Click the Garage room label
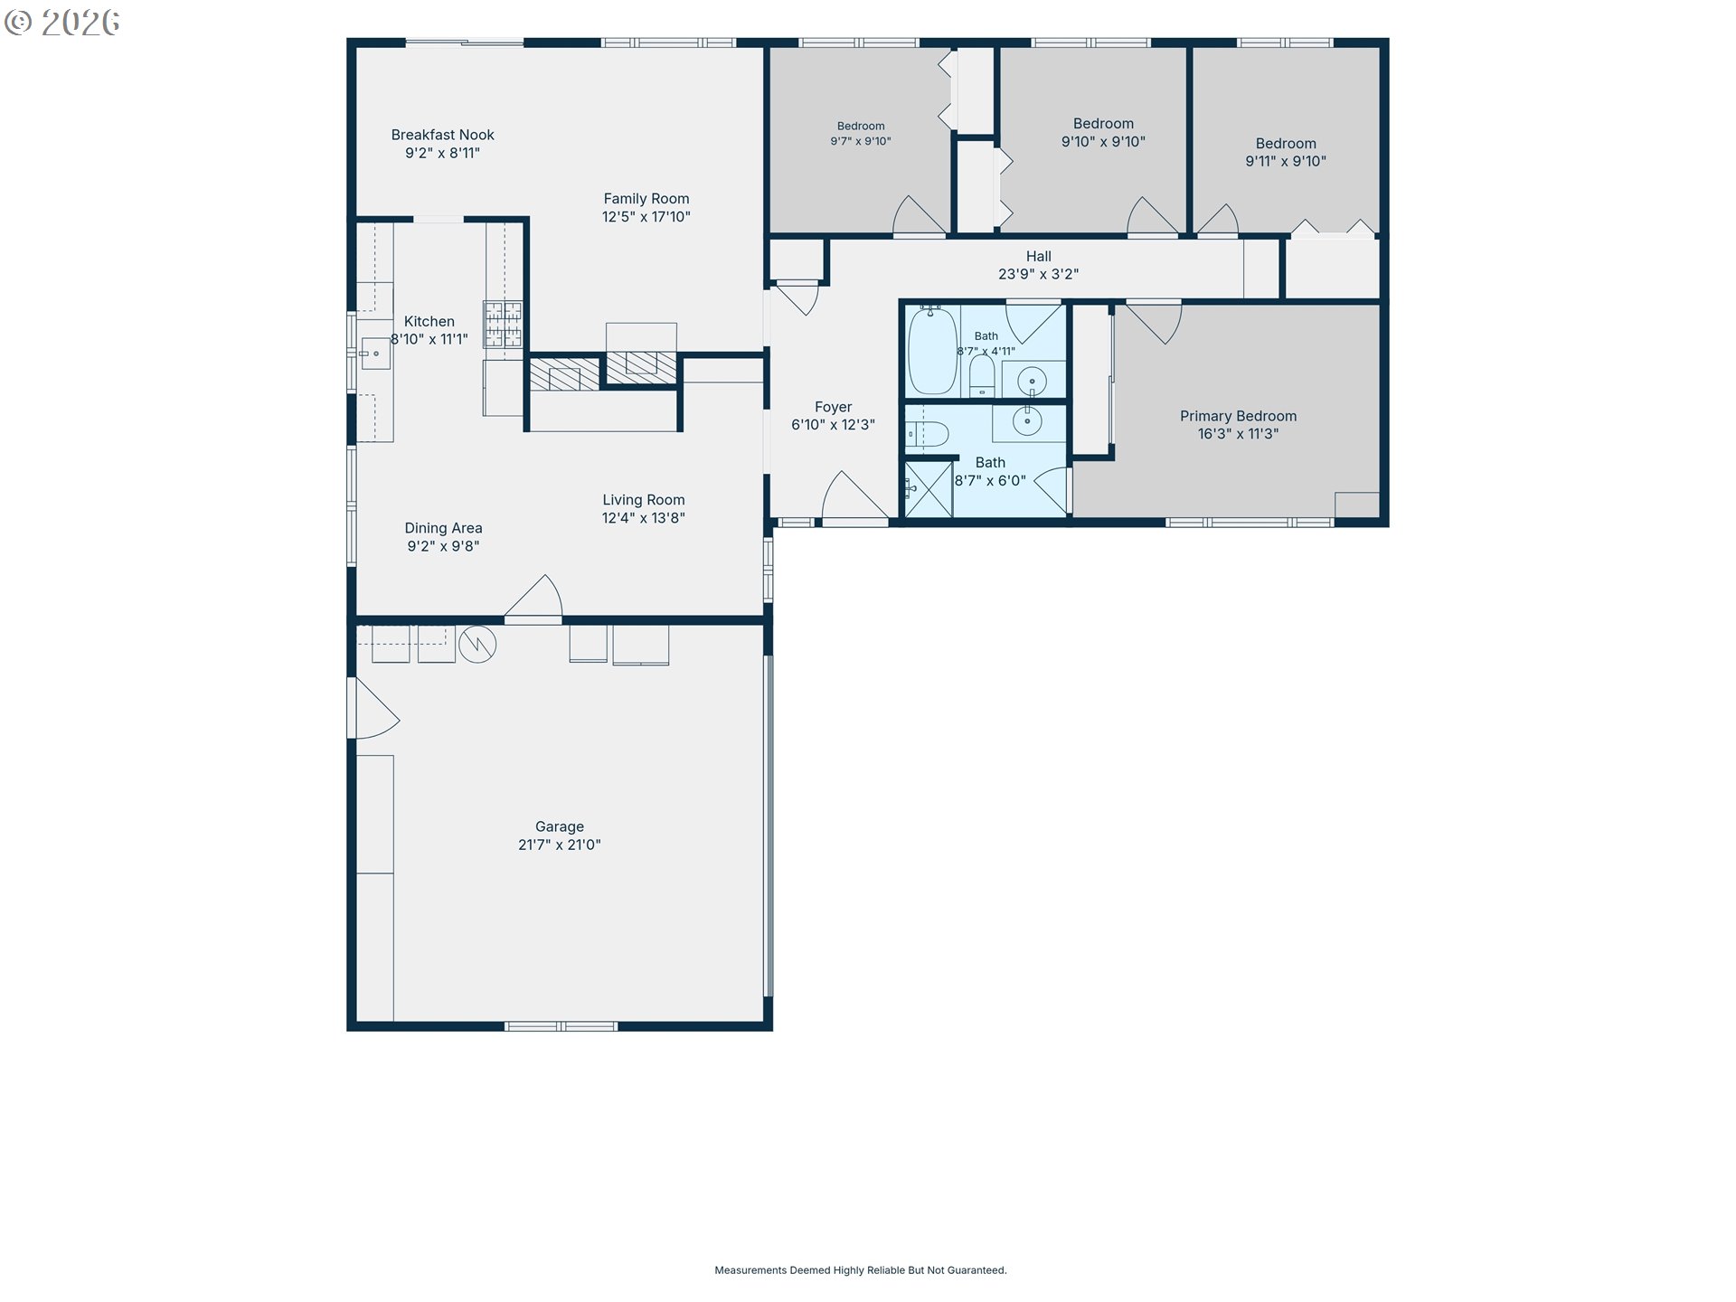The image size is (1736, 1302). tap(560, 826)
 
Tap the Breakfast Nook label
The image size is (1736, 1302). tap(442, 135)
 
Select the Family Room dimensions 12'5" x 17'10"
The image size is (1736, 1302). tap(646, 217)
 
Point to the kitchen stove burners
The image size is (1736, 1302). tap(503, 325)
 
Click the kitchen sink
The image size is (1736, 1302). tap(375, 353)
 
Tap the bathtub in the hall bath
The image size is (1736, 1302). tap(932, 351)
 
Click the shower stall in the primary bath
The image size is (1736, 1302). tap(929, 489)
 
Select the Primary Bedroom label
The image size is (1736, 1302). tap(1238, 416)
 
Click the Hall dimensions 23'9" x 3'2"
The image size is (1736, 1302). tap(1038, 274)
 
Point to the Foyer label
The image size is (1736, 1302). tap(833, 407)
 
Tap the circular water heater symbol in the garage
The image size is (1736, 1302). tap(477, 645)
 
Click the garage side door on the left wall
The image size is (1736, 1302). tap(373, 708)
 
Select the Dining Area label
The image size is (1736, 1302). tap(443, 528)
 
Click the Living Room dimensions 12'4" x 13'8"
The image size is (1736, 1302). tap(643, 518)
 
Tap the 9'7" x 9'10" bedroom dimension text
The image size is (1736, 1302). tap(861, 141)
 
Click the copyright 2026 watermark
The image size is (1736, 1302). tap(62, 23)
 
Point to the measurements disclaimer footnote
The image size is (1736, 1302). tap(861, 1270)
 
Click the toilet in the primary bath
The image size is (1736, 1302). tap(927, 435)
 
